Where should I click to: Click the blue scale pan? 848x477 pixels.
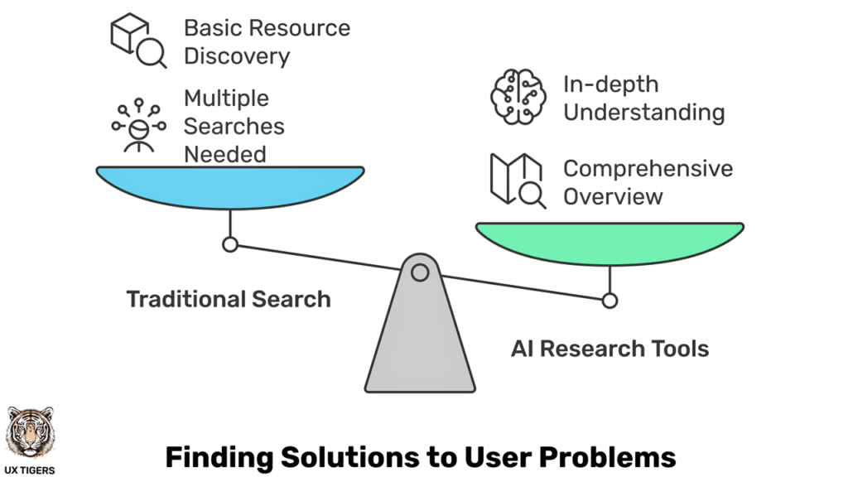pos(229,185)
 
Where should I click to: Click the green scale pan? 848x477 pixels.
pos(609,241)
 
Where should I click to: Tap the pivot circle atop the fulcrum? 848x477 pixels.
pos(420,272)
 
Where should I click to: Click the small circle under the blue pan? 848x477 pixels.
pos(230,244)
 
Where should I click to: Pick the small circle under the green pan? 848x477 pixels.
pos(609,301)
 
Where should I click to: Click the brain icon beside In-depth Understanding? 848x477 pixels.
pos(518,98)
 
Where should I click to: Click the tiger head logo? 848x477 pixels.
pos(30,431)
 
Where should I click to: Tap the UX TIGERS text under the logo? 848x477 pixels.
pos(30,470)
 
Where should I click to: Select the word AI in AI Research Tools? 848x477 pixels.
pos(523,348)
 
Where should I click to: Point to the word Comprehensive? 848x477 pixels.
pos(648,168)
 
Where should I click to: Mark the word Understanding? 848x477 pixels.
pos(643,112)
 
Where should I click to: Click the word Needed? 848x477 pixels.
pos(224,154)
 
